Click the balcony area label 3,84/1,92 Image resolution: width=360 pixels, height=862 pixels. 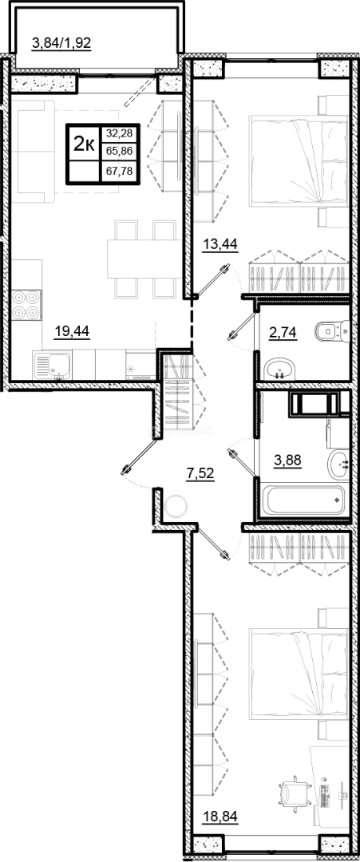pos(61,42)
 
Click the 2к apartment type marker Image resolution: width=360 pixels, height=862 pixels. pos(84,144)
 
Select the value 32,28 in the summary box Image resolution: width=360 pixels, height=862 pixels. pos(119,132)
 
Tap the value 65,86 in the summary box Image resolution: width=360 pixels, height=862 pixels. pos(119,151)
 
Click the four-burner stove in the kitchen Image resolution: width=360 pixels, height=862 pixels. pos(26,305)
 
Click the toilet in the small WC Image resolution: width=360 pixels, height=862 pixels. pos(333,330)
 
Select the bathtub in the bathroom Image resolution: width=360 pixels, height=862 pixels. pos(304,500)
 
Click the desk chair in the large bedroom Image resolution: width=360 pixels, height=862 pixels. pos(291,794)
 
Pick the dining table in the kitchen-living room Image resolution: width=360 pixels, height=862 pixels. pos(145,259)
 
